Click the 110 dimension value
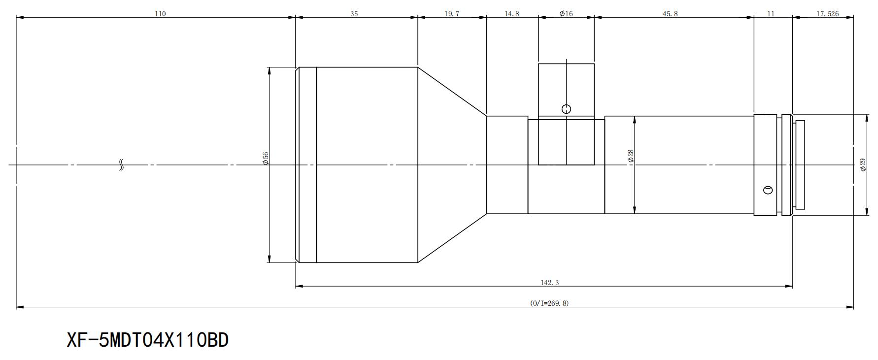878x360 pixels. [160, 14]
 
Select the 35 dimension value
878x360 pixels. [354, 14]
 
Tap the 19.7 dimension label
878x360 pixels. [452, 14]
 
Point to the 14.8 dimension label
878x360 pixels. [512, 14]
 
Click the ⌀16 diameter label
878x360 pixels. [566, 14]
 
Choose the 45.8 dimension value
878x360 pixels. [670, 14]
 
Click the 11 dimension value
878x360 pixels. [771, 14]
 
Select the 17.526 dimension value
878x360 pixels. [828, 14]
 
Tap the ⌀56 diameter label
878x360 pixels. [266, 158]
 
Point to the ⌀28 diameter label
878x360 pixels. [630, 157]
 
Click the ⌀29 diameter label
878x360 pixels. [863, 164]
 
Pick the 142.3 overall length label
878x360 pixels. [550, 283]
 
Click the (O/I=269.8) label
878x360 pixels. [549, 303]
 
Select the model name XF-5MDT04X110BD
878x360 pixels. [148, 340]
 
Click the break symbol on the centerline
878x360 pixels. [122, 165]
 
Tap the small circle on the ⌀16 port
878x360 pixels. [567, 109]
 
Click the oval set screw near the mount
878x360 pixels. [768, 190]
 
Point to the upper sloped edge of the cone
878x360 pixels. [452, 91]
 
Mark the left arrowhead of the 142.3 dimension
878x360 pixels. [299, 286]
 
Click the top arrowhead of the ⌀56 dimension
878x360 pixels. [269, 70]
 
